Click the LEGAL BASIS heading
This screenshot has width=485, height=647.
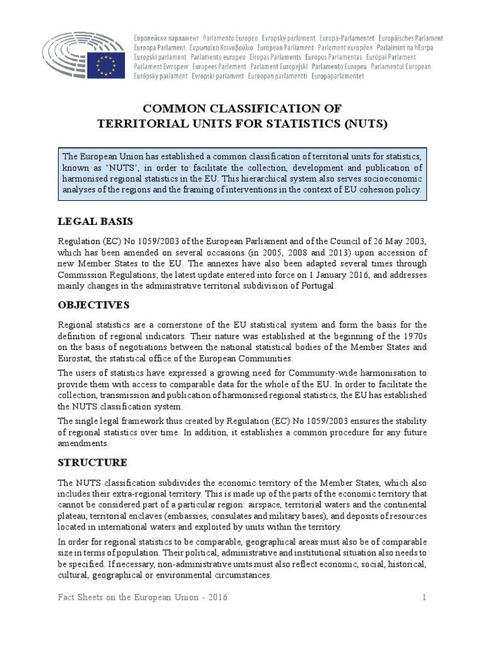(x=95, y=221)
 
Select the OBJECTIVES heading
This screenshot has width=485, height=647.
(x=93, y=305)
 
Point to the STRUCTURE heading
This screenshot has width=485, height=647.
(x=92, y=463)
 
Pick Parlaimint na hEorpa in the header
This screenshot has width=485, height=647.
(x=407, y=48)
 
